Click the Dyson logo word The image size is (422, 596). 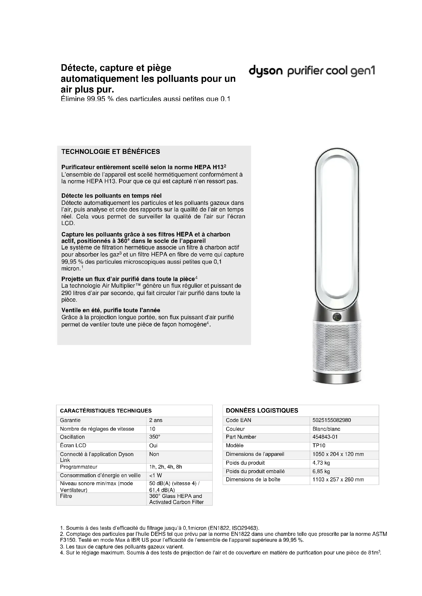coord(266,71)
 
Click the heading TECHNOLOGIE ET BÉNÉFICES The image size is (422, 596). coord(110,152)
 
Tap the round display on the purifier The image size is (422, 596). coord(337,317)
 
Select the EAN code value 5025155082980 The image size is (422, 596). coord(332,420)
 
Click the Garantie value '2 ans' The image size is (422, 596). coord(156,420)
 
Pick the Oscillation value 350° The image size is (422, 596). coord(155,437)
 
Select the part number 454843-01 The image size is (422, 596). coord(325,437)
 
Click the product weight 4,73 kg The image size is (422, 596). coord(321,462)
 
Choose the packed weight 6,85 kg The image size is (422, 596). coord(321,471)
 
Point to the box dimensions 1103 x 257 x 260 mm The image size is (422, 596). coord(338,480)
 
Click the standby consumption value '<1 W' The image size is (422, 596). coord(155,475)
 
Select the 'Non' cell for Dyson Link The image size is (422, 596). coord(154,454)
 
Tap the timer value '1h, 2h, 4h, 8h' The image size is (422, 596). coord(166,467)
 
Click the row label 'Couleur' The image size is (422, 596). coord(235,429)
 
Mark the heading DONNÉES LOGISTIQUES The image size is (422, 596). coord(262,410)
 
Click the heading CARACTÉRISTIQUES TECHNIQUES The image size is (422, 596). coord(106,411)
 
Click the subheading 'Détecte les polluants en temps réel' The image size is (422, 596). coord(111,195)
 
